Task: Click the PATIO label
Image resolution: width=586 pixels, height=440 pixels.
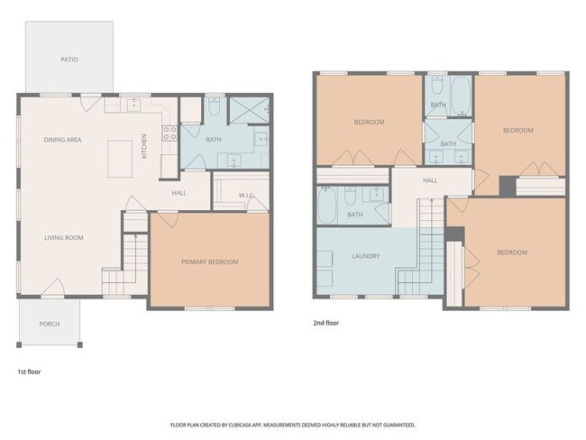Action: (69, 60)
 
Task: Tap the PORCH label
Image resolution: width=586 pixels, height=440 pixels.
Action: (50, 324)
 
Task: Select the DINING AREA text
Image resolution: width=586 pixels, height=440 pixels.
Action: (62, 140)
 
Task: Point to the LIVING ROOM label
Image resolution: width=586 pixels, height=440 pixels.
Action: (64, 238)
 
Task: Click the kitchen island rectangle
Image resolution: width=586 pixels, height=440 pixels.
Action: (120, 159)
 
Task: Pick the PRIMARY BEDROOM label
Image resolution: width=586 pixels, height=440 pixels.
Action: (210, 262)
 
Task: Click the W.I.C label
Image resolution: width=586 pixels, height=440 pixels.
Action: (246, 196)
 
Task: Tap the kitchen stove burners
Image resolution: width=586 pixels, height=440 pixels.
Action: (169, 133)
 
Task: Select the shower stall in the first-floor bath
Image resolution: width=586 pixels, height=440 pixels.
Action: (249, 110)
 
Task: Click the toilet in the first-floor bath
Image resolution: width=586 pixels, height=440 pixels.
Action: (215, 107)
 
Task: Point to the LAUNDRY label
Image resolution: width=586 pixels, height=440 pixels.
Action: (365, 256)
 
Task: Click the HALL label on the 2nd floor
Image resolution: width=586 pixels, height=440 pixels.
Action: (430, 180)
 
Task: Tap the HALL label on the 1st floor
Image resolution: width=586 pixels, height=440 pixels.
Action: (179, 193)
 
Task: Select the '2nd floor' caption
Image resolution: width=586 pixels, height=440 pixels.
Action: (325, 323)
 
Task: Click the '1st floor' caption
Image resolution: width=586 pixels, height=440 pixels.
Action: (29, 371)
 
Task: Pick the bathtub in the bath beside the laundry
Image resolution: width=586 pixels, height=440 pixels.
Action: (327, 205)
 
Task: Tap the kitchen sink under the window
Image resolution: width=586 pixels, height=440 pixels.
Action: (133, 105)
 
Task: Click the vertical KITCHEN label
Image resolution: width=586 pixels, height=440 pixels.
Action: (144, 146)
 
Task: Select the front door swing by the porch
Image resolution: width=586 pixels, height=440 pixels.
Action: (52, 287)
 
